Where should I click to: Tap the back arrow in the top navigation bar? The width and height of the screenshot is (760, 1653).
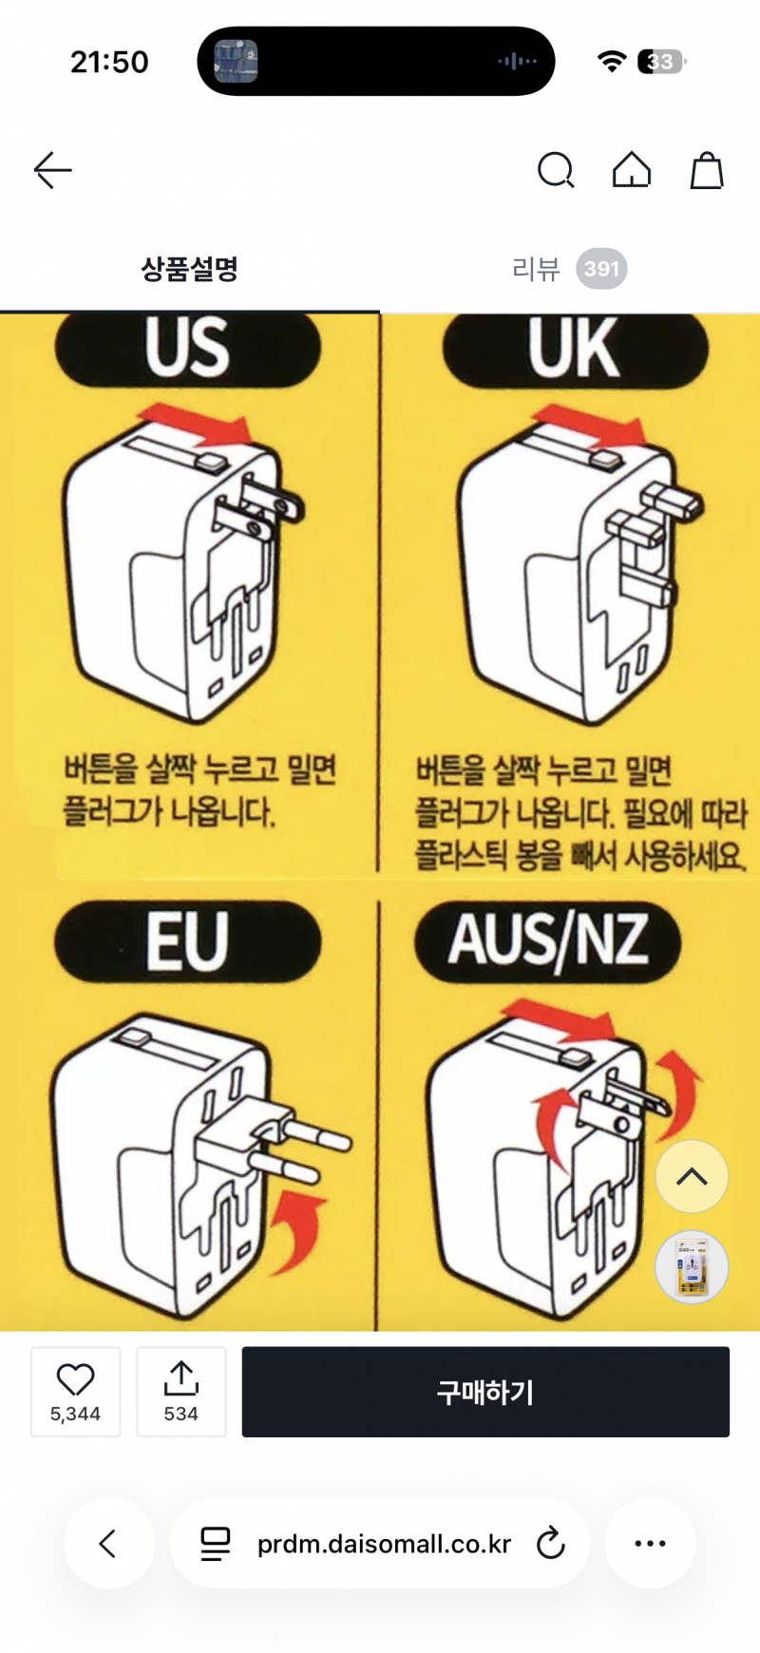coord(53,170)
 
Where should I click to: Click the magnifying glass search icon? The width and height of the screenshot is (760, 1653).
coord(556,171)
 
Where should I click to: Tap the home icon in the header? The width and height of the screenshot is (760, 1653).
coord(632,170)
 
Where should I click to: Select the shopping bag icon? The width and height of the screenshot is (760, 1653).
coord(707,170)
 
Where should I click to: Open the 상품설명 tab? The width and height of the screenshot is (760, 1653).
coord(190,269)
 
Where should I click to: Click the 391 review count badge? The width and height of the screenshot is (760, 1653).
coord(601,269)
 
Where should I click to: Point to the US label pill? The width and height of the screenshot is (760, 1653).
coord(188,349)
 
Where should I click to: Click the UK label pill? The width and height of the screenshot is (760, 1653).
coord(576,350)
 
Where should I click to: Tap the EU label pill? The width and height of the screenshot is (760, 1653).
coord(188,941)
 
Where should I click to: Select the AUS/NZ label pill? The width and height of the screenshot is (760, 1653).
coord(548,941)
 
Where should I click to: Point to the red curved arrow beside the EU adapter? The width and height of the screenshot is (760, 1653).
coord(299,1225)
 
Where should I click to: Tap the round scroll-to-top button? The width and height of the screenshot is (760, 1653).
coord(692,1176)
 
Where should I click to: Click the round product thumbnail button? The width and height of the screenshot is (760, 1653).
coord(692,1267)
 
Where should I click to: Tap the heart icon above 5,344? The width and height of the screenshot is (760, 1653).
coord(75,1379)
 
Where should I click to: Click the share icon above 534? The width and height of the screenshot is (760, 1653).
coord(180,1378)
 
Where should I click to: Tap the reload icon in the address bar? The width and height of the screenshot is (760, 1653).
coord(550,1543)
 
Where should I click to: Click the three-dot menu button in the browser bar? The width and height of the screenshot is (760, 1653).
coord(650,1543)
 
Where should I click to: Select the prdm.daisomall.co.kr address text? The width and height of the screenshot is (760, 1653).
coord(385,1544)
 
